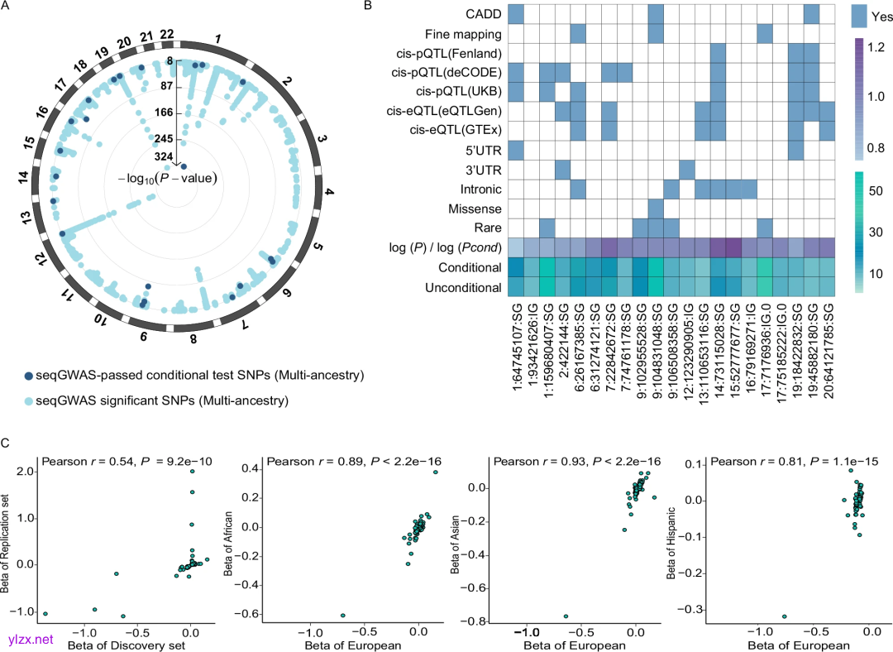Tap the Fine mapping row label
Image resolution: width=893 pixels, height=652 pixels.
463,35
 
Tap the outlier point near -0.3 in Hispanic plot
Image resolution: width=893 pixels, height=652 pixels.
784,616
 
